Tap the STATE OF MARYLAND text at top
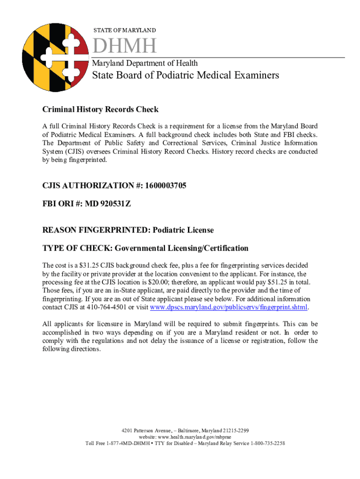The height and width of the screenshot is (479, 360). tap(124, 30)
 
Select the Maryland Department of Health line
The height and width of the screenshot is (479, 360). tap(144, 63)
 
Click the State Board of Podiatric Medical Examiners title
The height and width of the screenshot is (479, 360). tap(185, 75)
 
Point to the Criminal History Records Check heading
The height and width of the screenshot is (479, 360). tap(101, 109)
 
